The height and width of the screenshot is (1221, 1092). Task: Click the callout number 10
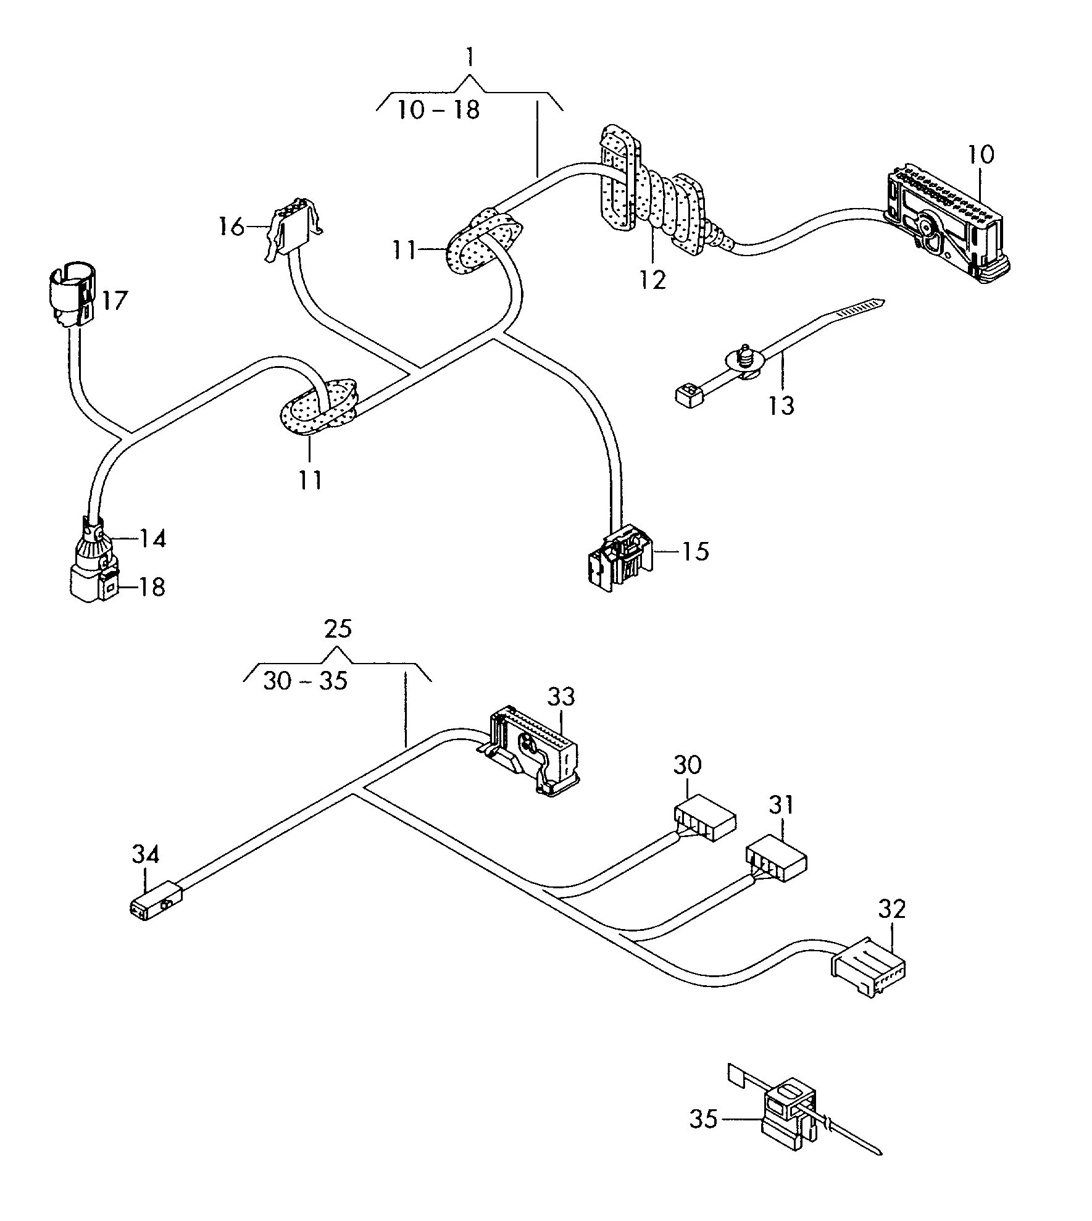click(x=982, y=154)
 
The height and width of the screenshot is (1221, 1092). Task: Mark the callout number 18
click(x=151, y=586)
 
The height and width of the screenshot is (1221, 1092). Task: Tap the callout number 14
click(x=152, y=539)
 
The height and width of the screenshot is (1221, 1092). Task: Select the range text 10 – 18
click(x=438, y=110)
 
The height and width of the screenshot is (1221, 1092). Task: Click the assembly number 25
click(x=338, y=629)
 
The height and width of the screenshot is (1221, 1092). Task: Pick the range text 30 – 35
click(x=306, y=681)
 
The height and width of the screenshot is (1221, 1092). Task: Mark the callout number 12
click(x=653, y=280)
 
